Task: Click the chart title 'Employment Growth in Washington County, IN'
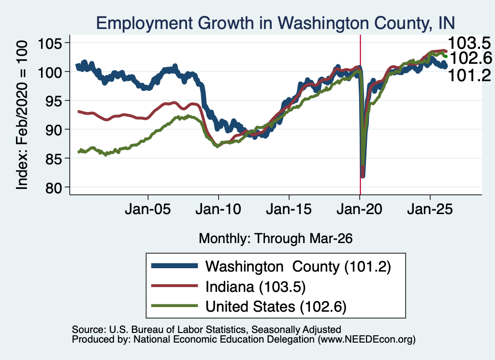pos(275,23)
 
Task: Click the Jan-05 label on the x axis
pos(148,209)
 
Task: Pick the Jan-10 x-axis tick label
pos(218,209)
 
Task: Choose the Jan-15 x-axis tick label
pos(289,209)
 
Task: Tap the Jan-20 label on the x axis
pos(360,209)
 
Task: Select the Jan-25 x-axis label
pos(430,209)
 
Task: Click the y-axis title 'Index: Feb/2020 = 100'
pos(22,115)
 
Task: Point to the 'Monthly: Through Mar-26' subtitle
pos(276,239)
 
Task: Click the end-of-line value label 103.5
pos(469,43)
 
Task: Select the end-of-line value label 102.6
pos(470,58)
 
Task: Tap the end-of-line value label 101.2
pos(469,76)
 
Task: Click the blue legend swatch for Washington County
pos(175,266)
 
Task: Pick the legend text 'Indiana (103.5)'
pos(256,287)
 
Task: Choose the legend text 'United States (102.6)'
pos(276,306)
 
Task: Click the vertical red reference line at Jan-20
pos(360,115)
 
